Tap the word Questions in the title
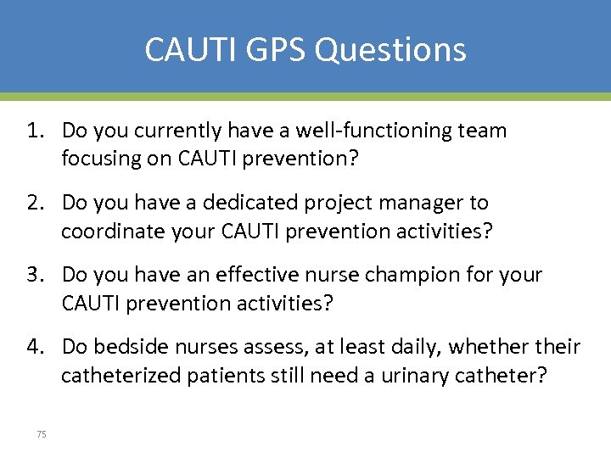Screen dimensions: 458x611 tap(390, 49)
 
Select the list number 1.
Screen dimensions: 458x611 tap(35, 131)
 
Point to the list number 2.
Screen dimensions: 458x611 tap(35, 204)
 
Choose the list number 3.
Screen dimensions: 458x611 tap(35, 276)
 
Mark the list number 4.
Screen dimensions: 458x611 tap(35, 348)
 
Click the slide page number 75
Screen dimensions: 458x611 tap(42, 434)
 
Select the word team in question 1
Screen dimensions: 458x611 tap(482, 131)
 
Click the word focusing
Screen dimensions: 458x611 tap(100, 159)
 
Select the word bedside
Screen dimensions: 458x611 tap(129, 348)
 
